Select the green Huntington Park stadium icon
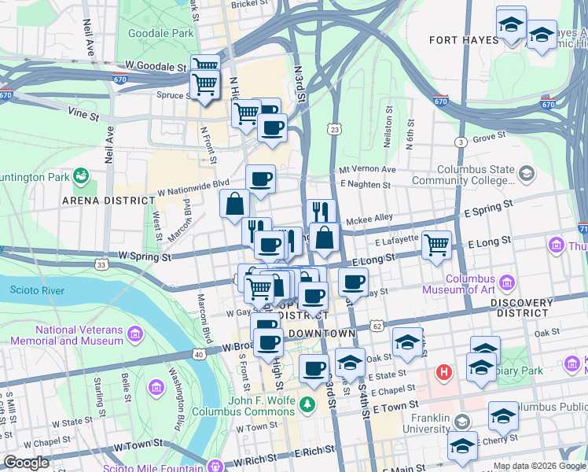(80, 174)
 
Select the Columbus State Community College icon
(526, 172)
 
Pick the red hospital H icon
(445, 371)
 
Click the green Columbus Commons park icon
(308, 404)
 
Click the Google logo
(26, 463)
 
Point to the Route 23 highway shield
(336, 129)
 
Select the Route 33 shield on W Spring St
(102, 265)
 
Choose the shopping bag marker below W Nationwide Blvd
(235, 204)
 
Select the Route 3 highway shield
(461, 142)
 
